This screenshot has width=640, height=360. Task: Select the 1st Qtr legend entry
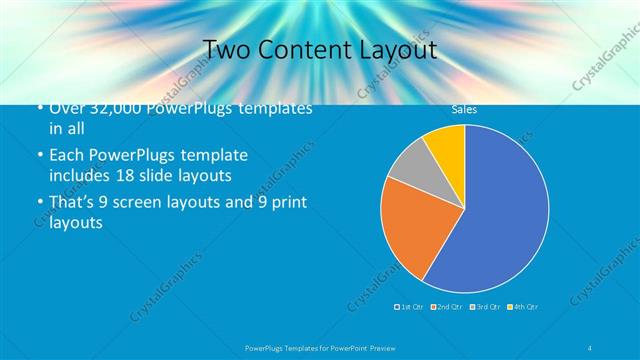(409, 306)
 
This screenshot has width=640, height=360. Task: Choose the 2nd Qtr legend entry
(446, 306)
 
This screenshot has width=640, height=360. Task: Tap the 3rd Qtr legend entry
(484, 306)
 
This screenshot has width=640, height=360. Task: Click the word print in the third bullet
(287, 203)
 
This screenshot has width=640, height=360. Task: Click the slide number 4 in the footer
(590, 347)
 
